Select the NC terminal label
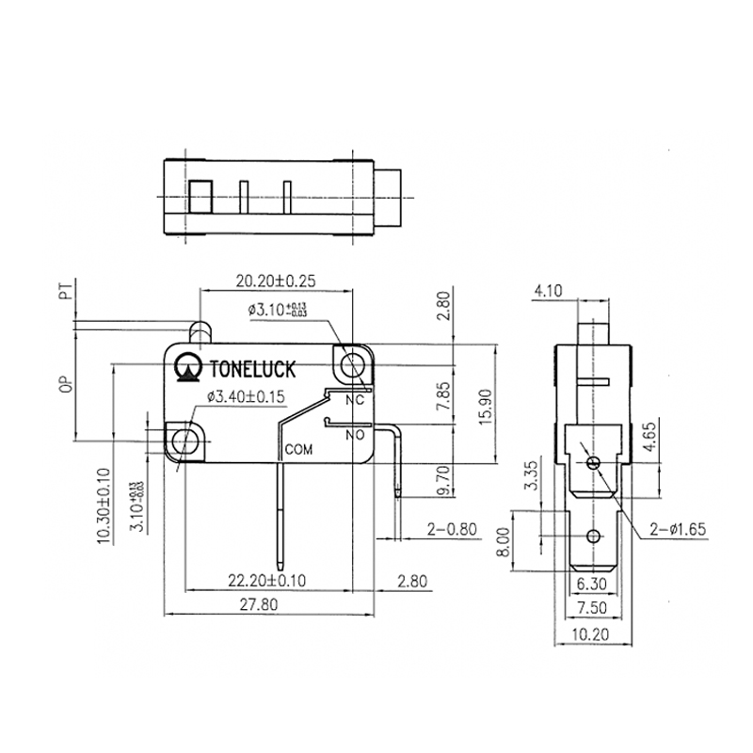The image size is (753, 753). [355, 400]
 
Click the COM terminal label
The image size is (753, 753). [298, 450]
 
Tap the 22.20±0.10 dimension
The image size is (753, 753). [273, 579]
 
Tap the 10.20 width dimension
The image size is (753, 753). [592, 635]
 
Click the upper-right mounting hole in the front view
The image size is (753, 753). [354, 361]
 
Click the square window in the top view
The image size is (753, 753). [200, 199]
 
